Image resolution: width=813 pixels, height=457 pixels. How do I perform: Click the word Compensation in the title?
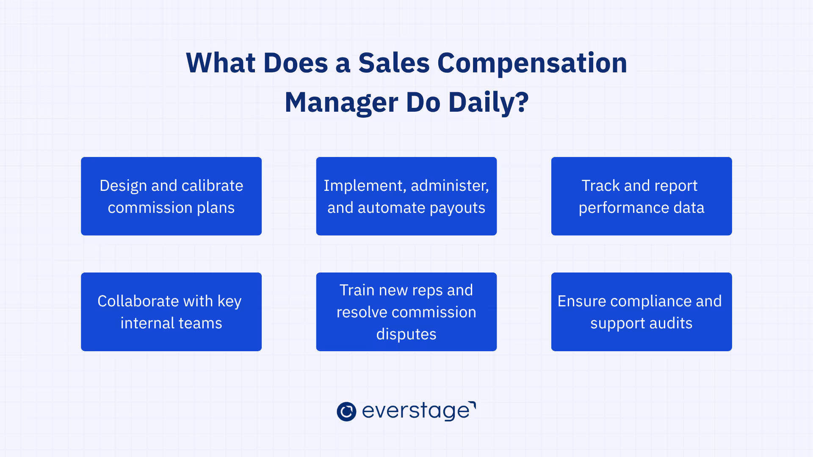[x=532, y=63]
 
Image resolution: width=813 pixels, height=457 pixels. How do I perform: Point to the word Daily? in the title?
[x=489, y=103]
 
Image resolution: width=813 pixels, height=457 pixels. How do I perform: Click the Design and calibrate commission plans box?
[x=171, y=196]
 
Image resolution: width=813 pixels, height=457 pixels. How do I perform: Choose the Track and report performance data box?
[x=641, y=196]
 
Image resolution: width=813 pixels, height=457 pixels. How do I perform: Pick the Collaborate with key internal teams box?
[x=171, y=312]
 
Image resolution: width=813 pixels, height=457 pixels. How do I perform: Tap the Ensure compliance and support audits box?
[x=641, y=312]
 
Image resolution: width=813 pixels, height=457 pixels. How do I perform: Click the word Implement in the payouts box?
[x=363, y=186]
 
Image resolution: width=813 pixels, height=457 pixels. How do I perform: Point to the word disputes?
[x=406, y=334]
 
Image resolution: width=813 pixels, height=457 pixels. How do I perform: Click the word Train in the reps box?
[x=357, y=290]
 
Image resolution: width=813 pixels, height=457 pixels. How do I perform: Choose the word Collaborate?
[x=138, y=301]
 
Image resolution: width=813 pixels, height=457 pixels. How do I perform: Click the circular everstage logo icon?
[x=346, y=411]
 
